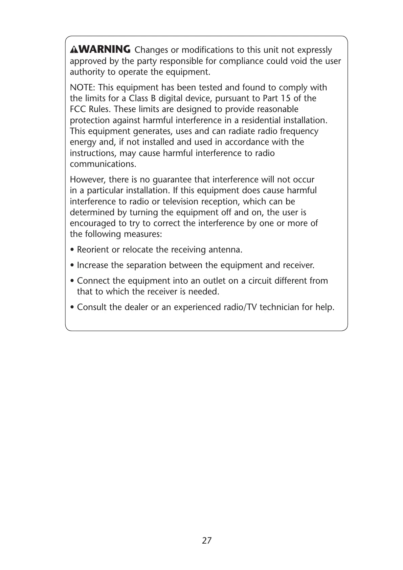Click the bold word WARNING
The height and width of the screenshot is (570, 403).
tap(105, 50)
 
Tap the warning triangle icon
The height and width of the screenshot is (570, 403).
tap(74, 50)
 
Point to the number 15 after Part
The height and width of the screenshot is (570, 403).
tap(286, 98)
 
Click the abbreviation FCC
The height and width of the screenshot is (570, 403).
tap(78, 109)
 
